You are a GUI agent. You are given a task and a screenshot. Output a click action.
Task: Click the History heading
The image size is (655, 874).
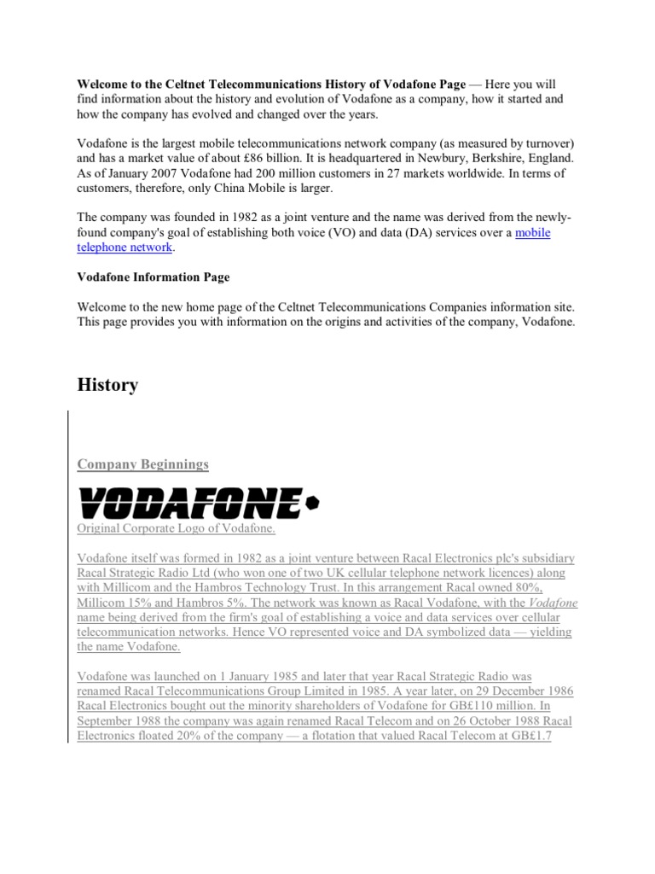pos(107,386)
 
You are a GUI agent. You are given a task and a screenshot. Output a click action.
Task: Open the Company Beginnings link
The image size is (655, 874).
pos(142,464)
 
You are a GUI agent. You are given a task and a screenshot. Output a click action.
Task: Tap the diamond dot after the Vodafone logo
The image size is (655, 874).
pos(312,504)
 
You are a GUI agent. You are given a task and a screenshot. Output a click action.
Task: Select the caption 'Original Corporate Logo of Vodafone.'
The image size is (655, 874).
pos(177,529)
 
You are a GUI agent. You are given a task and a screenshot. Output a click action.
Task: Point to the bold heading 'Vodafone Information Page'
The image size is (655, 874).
pos(154,277)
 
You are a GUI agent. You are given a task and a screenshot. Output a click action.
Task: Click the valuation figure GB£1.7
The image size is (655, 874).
pos(531,734)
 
